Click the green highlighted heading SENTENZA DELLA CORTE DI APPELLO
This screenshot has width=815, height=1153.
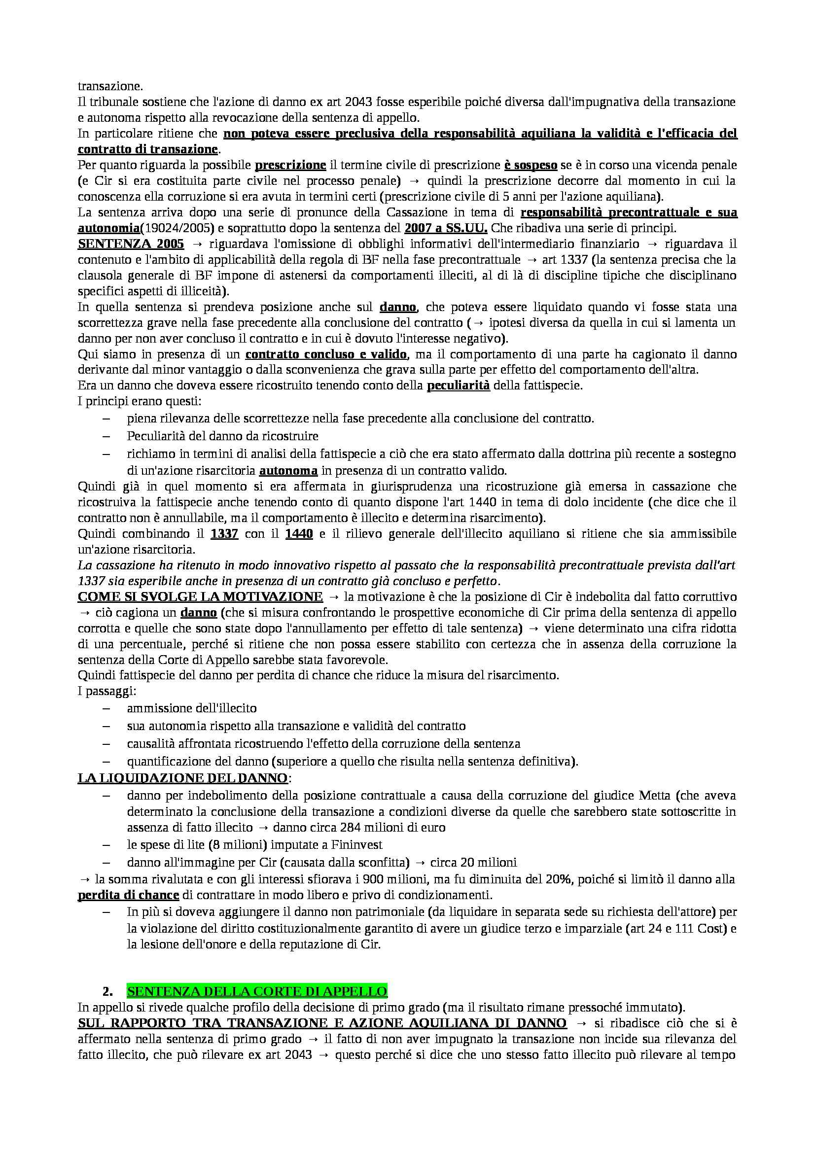coord(257,991)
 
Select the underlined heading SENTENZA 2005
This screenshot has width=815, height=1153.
coord(131,244)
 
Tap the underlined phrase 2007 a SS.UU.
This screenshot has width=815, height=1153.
coord(445,228)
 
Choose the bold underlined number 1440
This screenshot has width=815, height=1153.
coord(299,533)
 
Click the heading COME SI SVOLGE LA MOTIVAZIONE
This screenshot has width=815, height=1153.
coord(200,596)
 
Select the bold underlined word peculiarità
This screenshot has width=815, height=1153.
coord(458,386)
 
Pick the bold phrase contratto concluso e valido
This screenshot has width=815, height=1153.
coord(326,354)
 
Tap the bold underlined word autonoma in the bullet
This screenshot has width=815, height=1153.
coord(288,471)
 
